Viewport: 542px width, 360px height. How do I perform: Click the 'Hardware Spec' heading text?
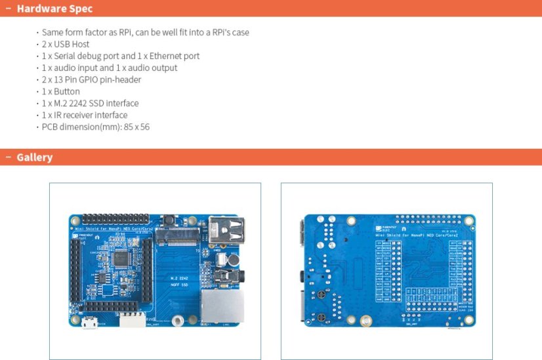[54, 9]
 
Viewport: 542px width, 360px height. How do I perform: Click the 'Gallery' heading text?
[34, 157]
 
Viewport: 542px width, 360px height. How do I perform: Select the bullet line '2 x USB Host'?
[66, 44]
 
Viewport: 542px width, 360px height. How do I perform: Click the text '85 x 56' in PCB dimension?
[136, 127]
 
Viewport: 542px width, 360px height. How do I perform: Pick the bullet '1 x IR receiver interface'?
[85, 115]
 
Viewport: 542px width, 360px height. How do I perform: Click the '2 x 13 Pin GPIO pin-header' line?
[91, 79]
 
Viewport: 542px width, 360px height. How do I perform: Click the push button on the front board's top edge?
[169, 219]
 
